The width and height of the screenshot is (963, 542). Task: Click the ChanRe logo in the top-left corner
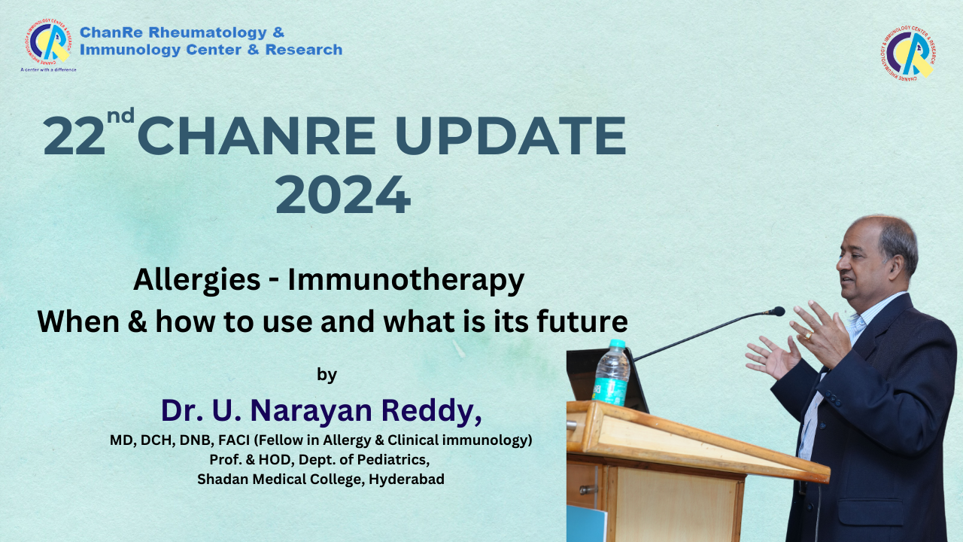[x=48, y=41]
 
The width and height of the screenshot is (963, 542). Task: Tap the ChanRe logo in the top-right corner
[x=908, y=53]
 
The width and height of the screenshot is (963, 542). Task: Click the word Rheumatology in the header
[x=208, y=32]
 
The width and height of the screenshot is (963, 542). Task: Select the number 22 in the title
[x=74, y=136]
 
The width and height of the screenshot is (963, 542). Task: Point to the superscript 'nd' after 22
[x=121, y=115]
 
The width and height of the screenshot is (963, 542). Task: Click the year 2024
[x=343, y=194]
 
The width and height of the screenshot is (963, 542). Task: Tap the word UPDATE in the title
[x=510, y=136]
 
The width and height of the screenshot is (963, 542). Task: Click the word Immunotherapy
[x=406, y=281]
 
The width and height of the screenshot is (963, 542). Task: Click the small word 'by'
[x=327, y=375]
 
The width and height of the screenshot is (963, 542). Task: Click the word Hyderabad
[x=406, y=480]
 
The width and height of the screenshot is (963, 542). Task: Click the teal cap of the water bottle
[x=617, y=343]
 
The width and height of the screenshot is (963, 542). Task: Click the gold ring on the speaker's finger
[x=808, y=334]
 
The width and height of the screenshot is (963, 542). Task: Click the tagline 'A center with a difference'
[x=49, y=70]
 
